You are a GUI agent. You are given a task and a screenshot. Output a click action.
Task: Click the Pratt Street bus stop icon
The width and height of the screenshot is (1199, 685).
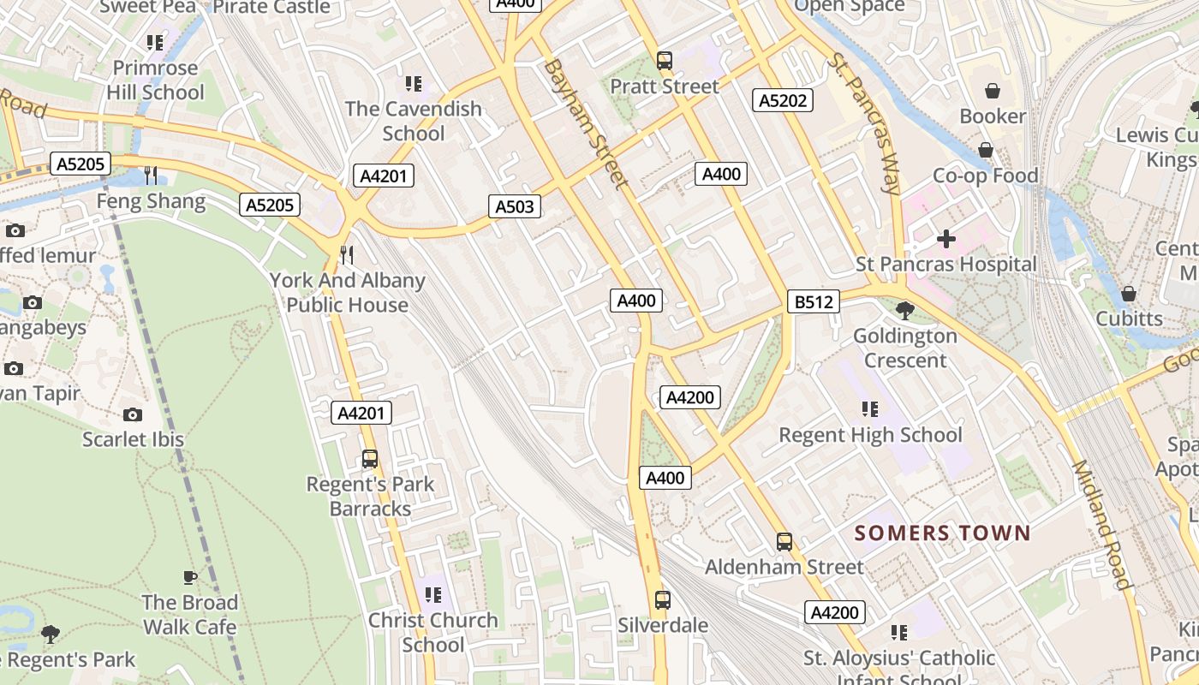tap(665, 61)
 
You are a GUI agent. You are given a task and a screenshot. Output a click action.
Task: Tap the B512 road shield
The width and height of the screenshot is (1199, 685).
tap(813, 301)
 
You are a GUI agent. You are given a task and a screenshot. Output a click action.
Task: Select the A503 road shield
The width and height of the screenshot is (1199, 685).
tap(515, 205)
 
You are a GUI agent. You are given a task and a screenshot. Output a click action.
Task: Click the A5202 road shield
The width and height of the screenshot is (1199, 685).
tap(783, 100)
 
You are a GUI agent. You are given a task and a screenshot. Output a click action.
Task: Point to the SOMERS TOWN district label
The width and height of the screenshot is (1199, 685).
tap(943, 533)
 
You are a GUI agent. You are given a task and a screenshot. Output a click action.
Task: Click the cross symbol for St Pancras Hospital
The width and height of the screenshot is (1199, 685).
tap(946, 239)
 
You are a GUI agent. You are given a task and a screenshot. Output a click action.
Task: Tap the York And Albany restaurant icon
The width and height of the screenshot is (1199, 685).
tap(347, 255)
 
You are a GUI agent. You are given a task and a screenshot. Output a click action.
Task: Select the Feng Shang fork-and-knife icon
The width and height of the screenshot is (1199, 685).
tap(152, 176)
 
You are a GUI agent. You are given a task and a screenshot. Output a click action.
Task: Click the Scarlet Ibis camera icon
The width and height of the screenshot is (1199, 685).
tap(133, 414)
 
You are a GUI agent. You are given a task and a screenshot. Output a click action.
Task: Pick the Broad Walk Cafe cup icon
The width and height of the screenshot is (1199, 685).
tap(190, 578)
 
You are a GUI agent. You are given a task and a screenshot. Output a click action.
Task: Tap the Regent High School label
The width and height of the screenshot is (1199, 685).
tap(870, 435)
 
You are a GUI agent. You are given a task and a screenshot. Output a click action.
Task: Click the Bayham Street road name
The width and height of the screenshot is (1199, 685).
tap(586, 123)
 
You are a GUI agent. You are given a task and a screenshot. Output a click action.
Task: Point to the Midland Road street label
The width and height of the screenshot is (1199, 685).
tap(1101, 525)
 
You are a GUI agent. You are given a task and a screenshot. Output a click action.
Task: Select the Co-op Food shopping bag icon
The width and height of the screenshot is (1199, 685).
tap(986, 150)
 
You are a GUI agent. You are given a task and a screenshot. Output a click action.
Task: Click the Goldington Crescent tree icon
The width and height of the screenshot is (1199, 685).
tap(904, 310)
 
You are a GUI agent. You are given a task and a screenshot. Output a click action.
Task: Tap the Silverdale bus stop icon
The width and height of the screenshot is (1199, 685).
tap(663, 599)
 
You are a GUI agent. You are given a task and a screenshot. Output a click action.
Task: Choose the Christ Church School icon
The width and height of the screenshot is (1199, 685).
tap(433, 594)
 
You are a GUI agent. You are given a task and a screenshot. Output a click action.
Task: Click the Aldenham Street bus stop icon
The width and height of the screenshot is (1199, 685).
tap(784, 541)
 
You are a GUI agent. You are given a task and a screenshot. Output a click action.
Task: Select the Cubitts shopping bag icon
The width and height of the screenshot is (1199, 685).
tap(1129, 294)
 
